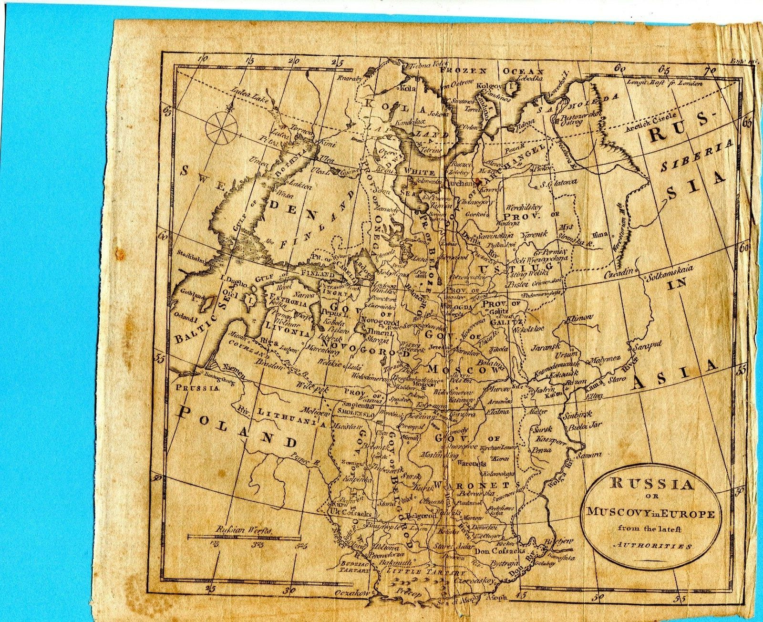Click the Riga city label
(x=266, y=342)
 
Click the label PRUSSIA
(x=196, y=388)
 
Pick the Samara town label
(x=589, y=455)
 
